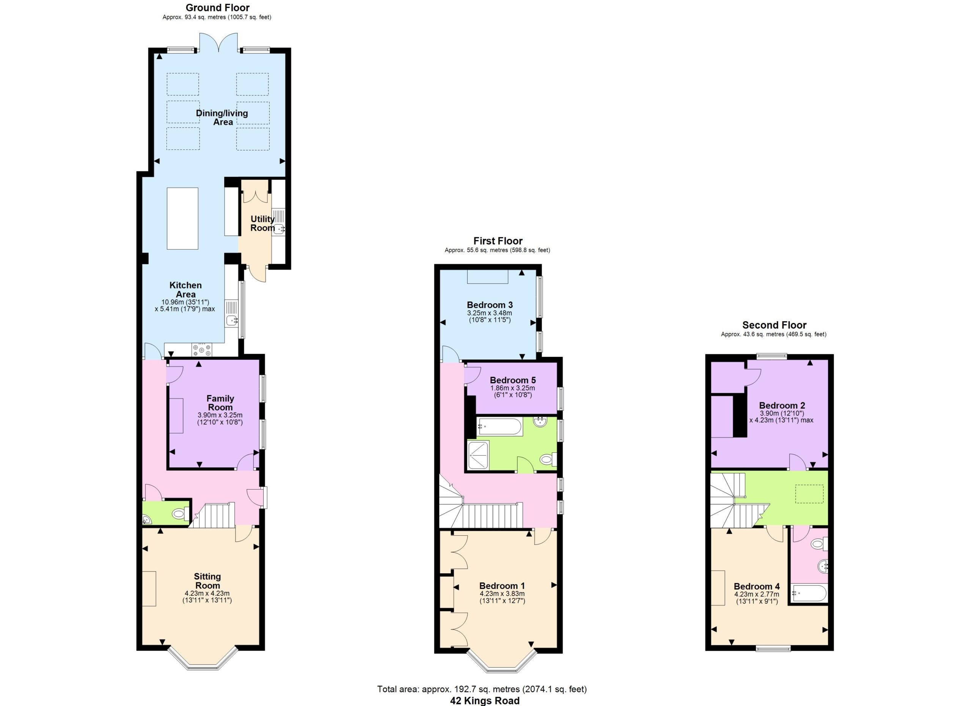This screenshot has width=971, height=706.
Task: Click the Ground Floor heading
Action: pyautogui.click(x=217, y=8)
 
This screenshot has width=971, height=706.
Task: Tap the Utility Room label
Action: pyautogui.click(x=262, y=223)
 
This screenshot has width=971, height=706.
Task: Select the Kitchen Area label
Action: pyautogui.click(x=185, y=290)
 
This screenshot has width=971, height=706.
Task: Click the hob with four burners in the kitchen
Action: pyautogui.click(x=202, y=350)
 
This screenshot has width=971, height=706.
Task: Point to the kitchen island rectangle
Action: pyautogui.click(x=182, y=218)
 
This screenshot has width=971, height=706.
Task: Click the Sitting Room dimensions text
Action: pyautogui.click(x=207, y=597)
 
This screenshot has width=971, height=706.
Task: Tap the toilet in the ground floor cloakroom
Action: pyautogui.click(x=179, y=513)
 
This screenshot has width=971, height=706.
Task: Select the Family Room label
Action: pyautogui.click(x=220, y=403)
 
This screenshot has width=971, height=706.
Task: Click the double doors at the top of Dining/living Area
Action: pyautogui.click(x=218, y=43)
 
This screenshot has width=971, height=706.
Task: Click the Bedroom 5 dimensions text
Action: pyautogui.click(x=512, y=392)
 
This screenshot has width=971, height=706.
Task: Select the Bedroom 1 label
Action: pyautogui.click(x=502, y=586)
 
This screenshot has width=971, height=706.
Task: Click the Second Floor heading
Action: pyautogui.click(x=774, y=325)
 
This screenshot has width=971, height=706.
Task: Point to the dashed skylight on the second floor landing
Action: pyautogui.click(x=809, y=493)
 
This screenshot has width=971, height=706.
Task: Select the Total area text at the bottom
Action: pyautogui.click(x=482, y=689)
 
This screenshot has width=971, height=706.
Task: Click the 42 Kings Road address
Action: pyautogui.click(x=485, y=700)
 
